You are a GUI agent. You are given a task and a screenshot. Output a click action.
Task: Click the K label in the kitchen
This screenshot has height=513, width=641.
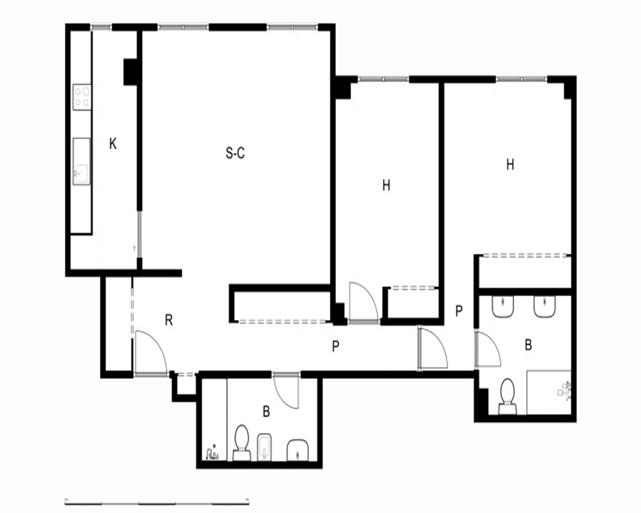pos(113,144)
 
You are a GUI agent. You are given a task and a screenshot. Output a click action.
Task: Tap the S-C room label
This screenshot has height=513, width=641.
pos(235,153)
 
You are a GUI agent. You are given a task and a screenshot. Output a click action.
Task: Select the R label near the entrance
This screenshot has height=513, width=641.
pos(169,320)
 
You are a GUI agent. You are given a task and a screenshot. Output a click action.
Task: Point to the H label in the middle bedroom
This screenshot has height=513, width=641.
pos(387,185)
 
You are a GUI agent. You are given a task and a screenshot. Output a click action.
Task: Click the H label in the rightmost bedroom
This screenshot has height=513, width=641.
pos(510,164)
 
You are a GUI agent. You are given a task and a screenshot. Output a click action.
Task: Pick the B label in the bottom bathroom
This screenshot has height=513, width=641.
pos(266,412)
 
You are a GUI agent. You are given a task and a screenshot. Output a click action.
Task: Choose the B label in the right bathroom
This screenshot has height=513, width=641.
pos(528,345)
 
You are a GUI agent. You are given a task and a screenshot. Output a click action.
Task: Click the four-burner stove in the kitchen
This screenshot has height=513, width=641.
pos(82,97)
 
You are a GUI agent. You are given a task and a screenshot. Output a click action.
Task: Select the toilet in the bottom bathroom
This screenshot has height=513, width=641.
pos(241,442)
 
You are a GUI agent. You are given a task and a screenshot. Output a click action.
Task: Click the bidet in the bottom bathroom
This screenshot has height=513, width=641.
pos(265,446)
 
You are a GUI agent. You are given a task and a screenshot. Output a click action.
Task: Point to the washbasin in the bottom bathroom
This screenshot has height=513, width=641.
pos(298,450)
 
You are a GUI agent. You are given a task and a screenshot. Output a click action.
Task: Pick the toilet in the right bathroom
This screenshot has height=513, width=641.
pos(507,396)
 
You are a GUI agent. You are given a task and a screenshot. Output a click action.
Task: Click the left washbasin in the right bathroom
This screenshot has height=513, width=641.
pos(503,307)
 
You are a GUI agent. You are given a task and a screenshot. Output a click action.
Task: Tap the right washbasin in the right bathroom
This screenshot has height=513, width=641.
pos(544,307)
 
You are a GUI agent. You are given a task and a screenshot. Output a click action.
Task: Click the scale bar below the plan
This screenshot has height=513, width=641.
pos(157,502)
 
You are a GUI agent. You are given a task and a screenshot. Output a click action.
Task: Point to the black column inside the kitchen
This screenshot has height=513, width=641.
pos(130,72)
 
